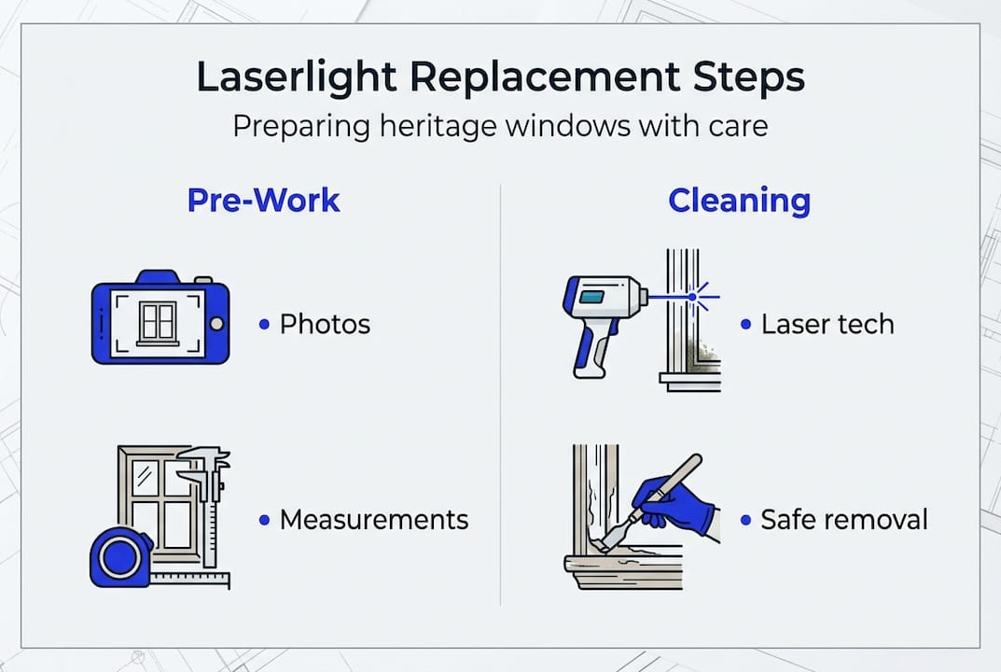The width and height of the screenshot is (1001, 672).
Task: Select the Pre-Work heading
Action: (263, 201)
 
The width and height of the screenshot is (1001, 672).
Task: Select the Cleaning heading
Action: (739, 201)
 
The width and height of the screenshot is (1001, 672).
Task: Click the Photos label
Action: (325, 325)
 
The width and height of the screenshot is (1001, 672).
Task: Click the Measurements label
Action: (374, 520)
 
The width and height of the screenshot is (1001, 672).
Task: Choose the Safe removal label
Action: (844, 520)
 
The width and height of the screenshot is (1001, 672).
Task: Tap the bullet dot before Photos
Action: (265, 325)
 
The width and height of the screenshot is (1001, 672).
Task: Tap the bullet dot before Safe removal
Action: (745, 520)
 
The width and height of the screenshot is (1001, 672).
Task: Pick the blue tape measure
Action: (120, 557)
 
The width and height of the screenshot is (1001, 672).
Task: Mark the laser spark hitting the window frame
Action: (694, 298)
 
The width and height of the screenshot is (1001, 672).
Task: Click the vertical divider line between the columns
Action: (501, 392)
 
